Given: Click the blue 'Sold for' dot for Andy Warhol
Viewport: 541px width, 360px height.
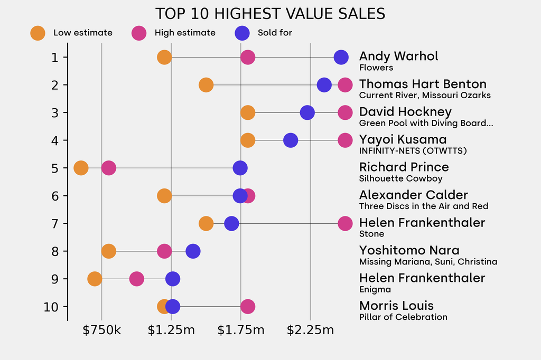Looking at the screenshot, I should tap(341, 57).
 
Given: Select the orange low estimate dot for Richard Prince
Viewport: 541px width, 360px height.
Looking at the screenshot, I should tap(81, 168).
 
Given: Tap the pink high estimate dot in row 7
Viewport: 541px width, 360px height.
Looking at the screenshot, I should tap(345, 223).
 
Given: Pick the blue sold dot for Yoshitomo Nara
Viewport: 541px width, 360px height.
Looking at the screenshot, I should tap(193, 251).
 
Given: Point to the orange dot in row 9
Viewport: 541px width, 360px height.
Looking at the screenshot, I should tap(95, 279).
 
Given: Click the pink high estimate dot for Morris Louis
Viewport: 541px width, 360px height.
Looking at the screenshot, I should tap(247, 306).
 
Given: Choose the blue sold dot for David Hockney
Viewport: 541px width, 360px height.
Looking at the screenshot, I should tap(307, 112).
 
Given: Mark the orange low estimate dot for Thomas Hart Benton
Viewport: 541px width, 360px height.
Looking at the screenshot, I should tap(206, 84).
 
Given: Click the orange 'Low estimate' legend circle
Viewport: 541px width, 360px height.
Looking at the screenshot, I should tap(38, 33).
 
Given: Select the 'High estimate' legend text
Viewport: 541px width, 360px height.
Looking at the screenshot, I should tap(185, 33).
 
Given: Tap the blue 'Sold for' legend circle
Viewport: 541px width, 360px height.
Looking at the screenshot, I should tap(241, 33).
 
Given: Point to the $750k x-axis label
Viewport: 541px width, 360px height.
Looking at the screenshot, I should tap(101, 331).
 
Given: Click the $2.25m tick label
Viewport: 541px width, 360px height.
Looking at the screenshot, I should tap(310, 331).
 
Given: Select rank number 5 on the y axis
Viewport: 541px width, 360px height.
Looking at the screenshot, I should tap(55, 168).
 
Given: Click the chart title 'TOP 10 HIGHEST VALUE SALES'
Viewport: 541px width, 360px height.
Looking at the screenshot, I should tap(270, 13).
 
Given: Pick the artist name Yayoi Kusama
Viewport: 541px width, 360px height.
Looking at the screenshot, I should tap(403, 139).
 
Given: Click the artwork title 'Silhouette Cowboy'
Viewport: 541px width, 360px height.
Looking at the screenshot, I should tap(400, 178).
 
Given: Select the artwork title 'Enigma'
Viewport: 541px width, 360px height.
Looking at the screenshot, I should tap(375, 289).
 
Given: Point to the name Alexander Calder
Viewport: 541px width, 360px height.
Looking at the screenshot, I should tap(413, 195).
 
